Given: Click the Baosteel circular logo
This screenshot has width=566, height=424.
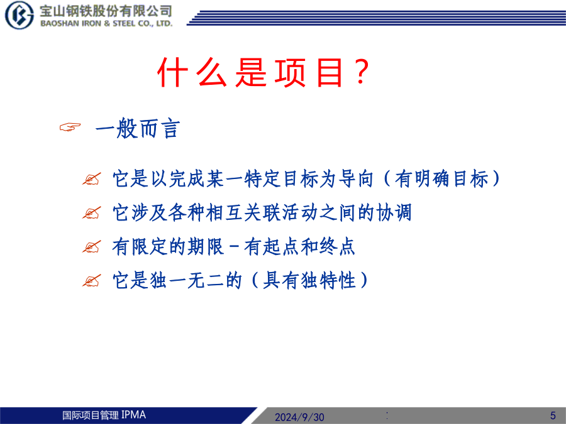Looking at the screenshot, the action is point(19,15).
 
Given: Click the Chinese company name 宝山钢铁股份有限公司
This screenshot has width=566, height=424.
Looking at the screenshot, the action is point(106,11).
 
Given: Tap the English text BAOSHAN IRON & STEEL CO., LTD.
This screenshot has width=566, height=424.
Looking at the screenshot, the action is point(106,23).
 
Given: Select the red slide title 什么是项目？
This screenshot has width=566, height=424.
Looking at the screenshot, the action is point(264,72).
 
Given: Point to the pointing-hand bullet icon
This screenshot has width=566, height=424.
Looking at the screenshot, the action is point(70,127).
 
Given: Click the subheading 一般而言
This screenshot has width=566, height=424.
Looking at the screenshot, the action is point(138,128).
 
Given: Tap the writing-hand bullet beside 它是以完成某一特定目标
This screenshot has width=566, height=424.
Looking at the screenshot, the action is point(92,179).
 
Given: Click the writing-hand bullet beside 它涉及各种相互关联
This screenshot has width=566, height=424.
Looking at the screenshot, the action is point(92,213).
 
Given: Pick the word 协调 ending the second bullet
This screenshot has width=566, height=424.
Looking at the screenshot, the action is point(394,212).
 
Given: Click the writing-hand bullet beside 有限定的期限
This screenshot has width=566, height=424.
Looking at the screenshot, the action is point(92,247).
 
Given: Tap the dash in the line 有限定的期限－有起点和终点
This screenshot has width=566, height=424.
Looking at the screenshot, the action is point(234,247).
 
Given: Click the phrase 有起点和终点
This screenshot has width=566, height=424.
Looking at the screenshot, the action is point(299,247).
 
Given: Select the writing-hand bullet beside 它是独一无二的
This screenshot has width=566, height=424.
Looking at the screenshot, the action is point(92,281).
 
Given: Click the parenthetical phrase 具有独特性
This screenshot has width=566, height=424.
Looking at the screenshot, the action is point(309,280).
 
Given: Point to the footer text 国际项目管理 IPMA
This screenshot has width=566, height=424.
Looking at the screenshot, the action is point(104,415).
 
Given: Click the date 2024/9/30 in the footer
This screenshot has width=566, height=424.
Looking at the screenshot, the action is point(299,417).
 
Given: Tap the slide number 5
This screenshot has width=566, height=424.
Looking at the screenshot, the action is point(553,415).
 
